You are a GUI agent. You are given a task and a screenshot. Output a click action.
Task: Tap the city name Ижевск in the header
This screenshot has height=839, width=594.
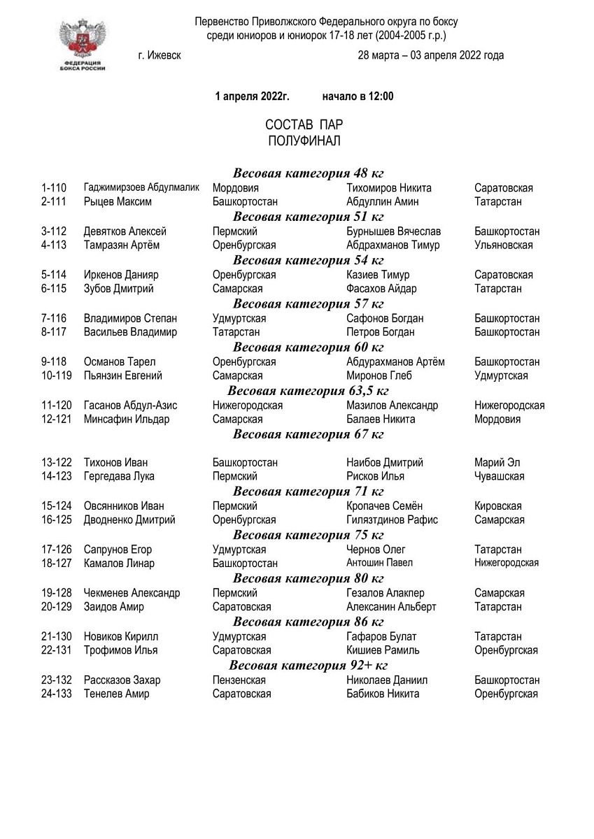[160, 56]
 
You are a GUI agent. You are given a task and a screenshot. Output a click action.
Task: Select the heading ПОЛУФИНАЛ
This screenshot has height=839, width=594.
[304, 141]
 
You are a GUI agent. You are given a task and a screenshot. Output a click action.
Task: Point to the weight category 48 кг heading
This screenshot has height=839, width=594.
[308, 173]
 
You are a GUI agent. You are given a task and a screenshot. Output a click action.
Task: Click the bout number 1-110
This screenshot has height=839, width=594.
[54, 188]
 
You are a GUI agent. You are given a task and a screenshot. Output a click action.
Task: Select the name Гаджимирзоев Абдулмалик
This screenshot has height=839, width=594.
[141, 188]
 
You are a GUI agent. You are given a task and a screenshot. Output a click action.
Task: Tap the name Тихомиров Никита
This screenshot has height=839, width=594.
[388, 188]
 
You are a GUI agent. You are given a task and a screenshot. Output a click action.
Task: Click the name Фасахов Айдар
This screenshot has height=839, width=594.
[381, 289]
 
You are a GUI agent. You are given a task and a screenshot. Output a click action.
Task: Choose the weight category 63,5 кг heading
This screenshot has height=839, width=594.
[308, 390]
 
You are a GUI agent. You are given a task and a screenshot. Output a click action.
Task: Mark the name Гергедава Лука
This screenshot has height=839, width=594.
[119, 476]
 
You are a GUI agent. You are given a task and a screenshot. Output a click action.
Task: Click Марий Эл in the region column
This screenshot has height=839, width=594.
[497, 463]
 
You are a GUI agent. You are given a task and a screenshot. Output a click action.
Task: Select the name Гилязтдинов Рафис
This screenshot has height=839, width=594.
[392, 520]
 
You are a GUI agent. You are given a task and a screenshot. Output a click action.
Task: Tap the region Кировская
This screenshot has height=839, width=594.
[497, 506]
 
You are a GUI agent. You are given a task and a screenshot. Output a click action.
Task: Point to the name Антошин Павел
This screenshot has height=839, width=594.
[379, 563]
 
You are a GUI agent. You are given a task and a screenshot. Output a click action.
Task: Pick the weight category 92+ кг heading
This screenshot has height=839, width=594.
[308, 665]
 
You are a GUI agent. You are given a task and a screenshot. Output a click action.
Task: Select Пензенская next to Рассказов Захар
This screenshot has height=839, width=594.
[239, 680]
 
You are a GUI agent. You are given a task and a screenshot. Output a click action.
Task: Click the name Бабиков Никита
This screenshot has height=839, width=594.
[383, 694]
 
